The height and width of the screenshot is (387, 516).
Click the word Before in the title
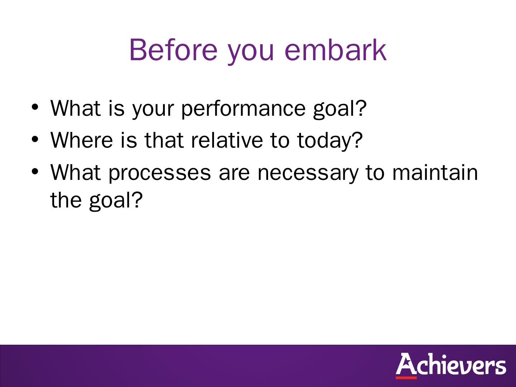tap(173, 50)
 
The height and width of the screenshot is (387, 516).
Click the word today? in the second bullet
tap(330, 142)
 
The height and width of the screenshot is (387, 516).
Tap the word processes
tap(159, 174)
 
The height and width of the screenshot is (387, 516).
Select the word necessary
tap(308, 174)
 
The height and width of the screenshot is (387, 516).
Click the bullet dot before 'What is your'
tap(35, 107)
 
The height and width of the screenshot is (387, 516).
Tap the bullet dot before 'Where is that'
tap(35, 139)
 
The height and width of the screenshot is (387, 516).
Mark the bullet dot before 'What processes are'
tap(35, 172)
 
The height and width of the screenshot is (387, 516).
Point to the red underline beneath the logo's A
tap(406, 378)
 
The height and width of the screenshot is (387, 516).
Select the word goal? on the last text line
tap(116, 201)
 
